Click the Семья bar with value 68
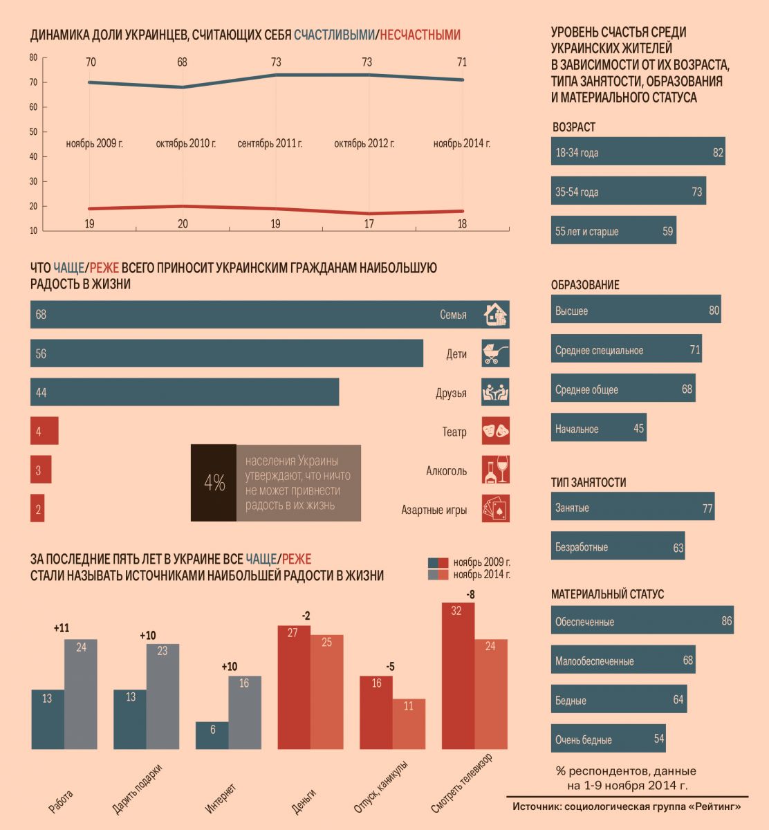(x=270, y=315)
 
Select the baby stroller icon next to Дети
(x=495, y=353)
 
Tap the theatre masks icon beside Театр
(x=495, y=432)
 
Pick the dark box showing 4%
(x=214, y=483)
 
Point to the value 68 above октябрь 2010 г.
(x=182, y=62)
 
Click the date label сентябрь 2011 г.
(x=270, y=144)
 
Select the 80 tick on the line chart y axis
(x=33, y=57)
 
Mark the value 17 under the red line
(x=369, y=223)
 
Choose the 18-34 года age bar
(x=638, y=152)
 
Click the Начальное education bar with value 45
(x=598, y=429)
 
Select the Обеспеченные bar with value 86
(x=642, y=621)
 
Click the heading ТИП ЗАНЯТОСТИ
(x=589, y=482)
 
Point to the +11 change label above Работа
(x=62, y=629)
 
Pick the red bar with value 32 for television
(x=458, y=676)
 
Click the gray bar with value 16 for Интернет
(x=244, y=712)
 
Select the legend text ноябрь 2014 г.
(x=481, y=574)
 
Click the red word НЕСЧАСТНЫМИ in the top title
(x=420, y=35)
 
